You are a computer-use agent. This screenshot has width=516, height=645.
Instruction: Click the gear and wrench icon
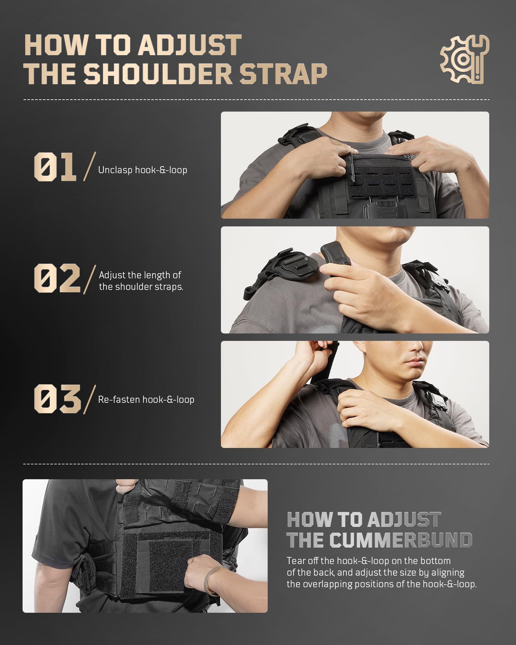(x=464, y=60)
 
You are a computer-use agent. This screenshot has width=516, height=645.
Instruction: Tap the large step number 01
(x=55, y=167)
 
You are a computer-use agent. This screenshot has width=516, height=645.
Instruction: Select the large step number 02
(x=57, y=278)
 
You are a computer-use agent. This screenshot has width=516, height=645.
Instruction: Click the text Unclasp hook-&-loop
(x=142, y=170)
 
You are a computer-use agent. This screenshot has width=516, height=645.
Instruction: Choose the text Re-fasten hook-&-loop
(x=146, y=399)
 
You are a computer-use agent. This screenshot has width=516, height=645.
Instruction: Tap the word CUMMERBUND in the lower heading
(x=401, y=540)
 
